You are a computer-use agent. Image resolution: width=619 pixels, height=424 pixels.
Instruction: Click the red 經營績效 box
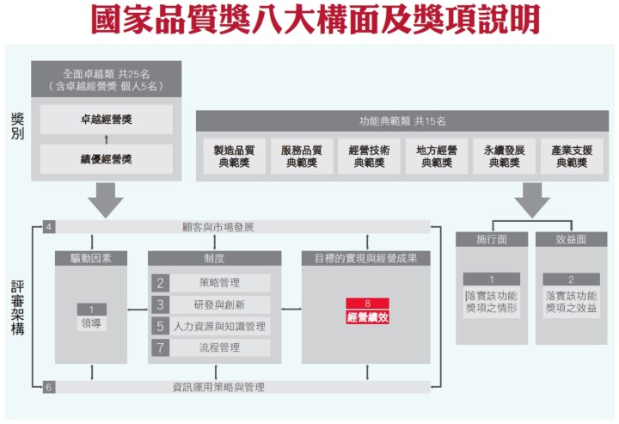coord(368,311)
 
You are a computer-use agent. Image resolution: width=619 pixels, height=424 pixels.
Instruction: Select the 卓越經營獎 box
coord(107,120)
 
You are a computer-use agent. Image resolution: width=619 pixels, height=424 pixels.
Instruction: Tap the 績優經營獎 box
coord(107,159)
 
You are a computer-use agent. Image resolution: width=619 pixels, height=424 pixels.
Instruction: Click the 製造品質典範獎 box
coord(234,156)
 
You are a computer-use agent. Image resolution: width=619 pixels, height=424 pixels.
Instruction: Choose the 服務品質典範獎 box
coord(302,156)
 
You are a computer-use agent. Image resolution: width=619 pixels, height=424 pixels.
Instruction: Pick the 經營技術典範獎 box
coord(369,156)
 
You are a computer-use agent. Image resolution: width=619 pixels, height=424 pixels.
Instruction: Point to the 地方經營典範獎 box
coord(437,156)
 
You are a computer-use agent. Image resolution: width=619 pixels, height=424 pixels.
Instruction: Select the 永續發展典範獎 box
coord(504,156)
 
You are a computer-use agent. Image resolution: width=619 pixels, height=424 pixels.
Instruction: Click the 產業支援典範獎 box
coord(572,156)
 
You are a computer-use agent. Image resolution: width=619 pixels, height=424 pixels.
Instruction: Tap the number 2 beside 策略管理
coord(160,283)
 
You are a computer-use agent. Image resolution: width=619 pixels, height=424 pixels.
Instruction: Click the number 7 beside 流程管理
coord(160,347)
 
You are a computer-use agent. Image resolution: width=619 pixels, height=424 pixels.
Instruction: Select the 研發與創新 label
coord(219,304)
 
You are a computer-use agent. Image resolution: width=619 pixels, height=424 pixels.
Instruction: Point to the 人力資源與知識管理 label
coord(219,327)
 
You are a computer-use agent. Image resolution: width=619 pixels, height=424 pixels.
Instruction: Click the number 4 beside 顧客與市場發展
coord(48,227)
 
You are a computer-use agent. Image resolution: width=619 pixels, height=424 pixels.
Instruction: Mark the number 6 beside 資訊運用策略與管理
coord(48,387)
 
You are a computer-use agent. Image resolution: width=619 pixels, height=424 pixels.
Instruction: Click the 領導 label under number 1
coord(91,323)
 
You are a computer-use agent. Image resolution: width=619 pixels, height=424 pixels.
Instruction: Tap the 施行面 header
coord(492,239)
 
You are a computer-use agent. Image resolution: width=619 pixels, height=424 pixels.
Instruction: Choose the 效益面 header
coord(571,239)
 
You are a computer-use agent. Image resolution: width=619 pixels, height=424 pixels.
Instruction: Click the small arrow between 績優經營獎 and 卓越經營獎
coord(107,139)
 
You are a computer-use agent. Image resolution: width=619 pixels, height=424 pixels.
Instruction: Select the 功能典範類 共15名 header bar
coord(402,120)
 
